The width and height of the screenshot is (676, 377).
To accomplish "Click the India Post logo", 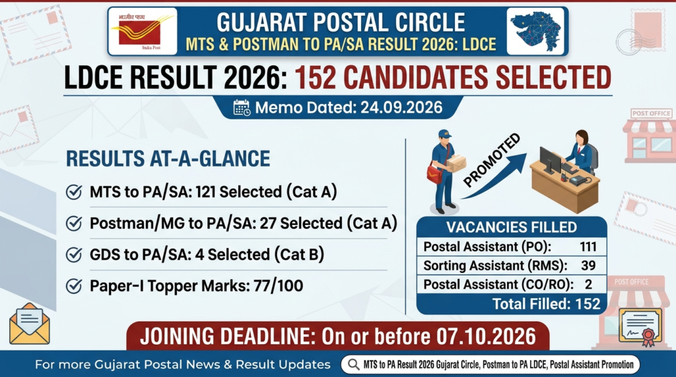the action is point(143,31).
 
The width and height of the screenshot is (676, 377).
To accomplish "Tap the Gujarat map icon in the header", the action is point(536,31).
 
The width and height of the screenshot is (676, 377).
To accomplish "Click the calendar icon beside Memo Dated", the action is point(242,107).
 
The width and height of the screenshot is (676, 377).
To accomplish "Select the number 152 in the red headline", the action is point(315,78).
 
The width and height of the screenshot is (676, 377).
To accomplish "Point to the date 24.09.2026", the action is point(401,107).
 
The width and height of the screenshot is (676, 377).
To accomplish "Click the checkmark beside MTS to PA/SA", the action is point(74,192).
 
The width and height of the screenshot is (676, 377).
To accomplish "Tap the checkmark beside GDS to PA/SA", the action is point(74,255).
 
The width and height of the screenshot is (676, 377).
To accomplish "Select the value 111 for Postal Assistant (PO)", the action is point(588,246).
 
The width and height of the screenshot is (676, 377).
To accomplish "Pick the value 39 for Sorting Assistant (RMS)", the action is point(588,266).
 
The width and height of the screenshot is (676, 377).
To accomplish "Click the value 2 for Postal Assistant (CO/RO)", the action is point(588,285).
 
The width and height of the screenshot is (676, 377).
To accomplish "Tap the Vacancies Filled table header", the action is point(512,227).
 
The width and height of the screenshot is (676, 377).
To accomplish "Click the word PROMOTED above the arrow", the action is point(492,160).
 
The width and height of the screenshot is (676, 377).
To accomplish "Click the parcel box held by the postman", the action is point(456,163).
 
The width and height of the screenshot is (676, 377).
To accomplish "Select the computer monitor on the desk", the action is point(550,160).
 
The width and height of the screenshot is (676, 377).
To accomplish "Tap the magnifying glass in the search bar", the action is point(354,364).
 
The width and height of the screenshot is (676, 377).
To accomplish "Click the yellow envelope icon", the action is point(29,324).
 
